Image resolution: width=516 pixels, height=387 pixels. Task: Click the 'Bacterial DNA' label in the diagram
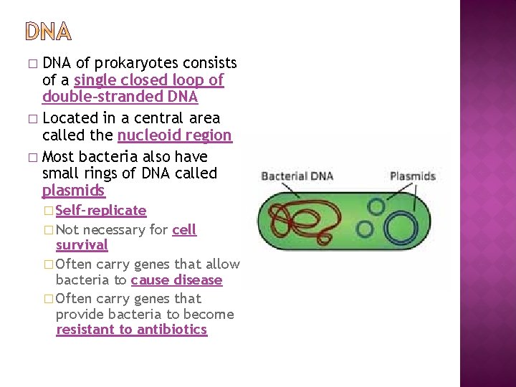pyautogui.click(x=297, y=176)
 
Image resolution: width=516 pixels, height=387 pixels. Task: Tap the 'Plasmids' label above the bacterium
pyautogui.click(x=412, y=176)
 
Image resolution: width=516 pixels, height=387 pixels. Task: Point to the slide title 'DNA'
pyautogui.click(x=49, y=32)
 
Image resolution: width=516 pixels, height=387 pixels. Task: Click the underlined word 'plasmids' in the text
pyautogui.click(x=73, y=191)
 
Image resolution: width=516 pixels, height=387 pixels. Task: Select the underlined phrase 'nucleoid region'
pyautogui.click(x=174, y=135)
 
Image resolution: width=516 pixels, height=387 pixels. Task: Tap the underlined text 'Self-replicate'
pyautogui.click(x=101, y=210)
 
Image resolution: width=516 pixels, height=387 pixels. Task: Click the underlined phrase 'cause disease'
pyautogui.click(x=176, y=279)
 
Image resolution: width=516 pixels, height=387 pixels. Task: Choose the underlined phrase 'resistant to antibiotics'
pyautogui.click(x=131, y=330)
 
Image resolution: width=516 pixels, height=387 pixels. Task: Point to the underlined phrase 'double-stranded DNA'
pyautogui.click(x=120, y=97)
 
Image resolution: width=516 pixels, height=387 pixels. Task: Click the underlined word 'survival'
pyautogui.click(x=82, y=245)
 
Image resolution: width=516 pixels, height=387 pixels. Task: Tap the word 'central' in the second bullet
pyautogui.click(x=166, y=118)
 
